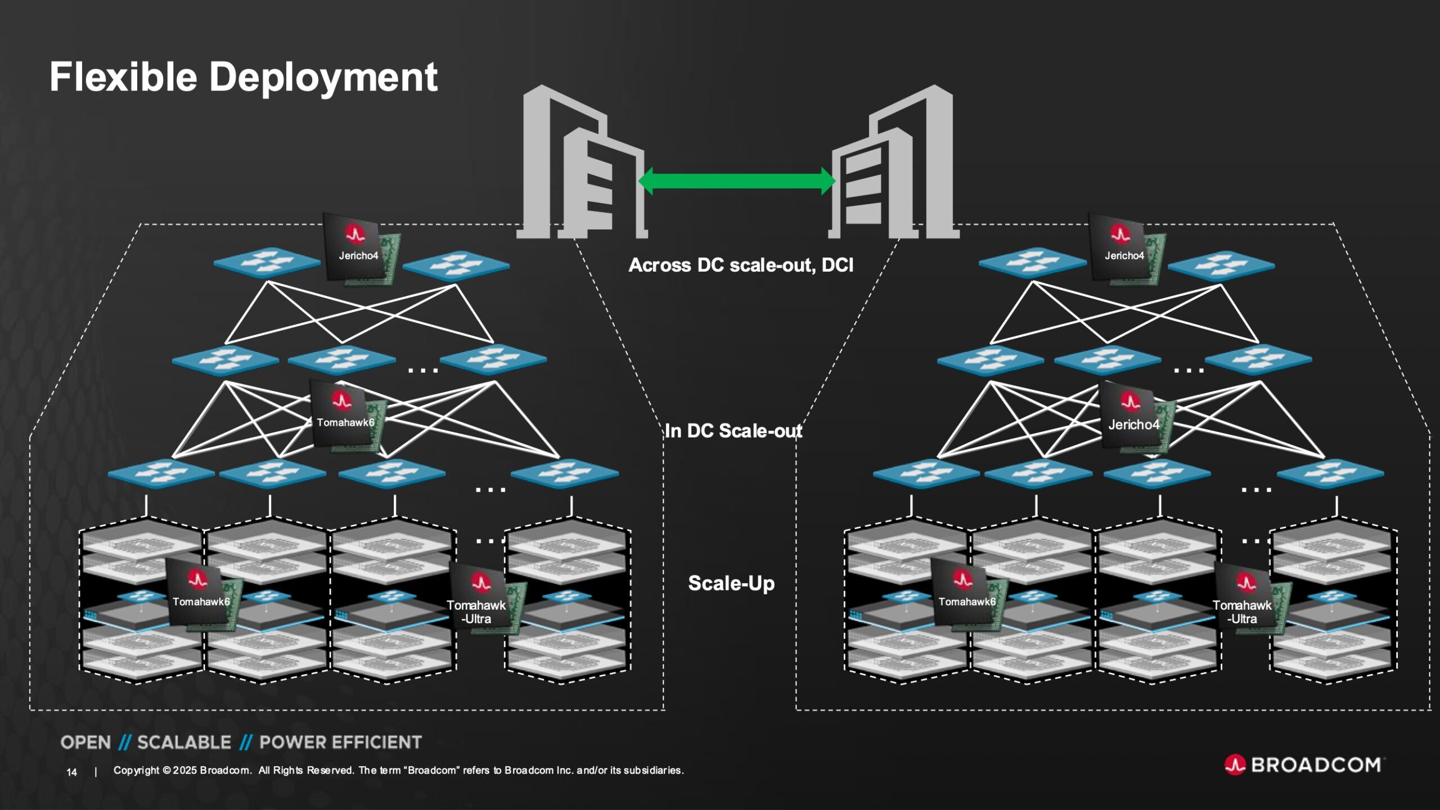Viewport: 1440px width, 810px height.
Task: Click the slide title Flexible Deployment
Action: pyautogui.click(x=243, y=77)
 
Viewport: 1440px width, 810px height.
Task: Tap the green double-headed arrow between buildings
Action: pyautogui.click(x=737, y=181)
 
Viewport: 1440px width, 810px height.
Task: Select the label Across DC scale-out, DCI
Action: pyautogui.click(x=740, y=265)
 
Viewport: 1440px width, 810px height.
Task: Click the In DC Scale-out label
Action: pyautogui.click(x=733, y=431)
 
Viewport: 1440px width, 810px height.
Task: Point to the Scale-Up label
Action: pyautogui.click(x=731, y=583)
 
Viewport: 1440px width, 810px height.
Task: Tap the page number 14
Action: pyautogui.click(x=71, y=772)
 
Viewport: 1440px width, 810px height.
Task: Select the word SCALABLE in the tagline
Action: pyautogui.click(x=184, y=742)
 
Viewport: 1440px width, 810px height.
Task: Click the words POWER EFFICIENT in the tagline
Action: pyautogui.click(x=340, y=742)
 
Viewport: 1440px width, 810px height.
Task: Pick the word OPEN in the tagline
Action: pyautogui.click(x=85, y=742)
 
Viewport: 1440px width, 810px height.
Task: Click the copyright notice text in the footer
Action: pyautogui.click(x=398, y=771)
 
